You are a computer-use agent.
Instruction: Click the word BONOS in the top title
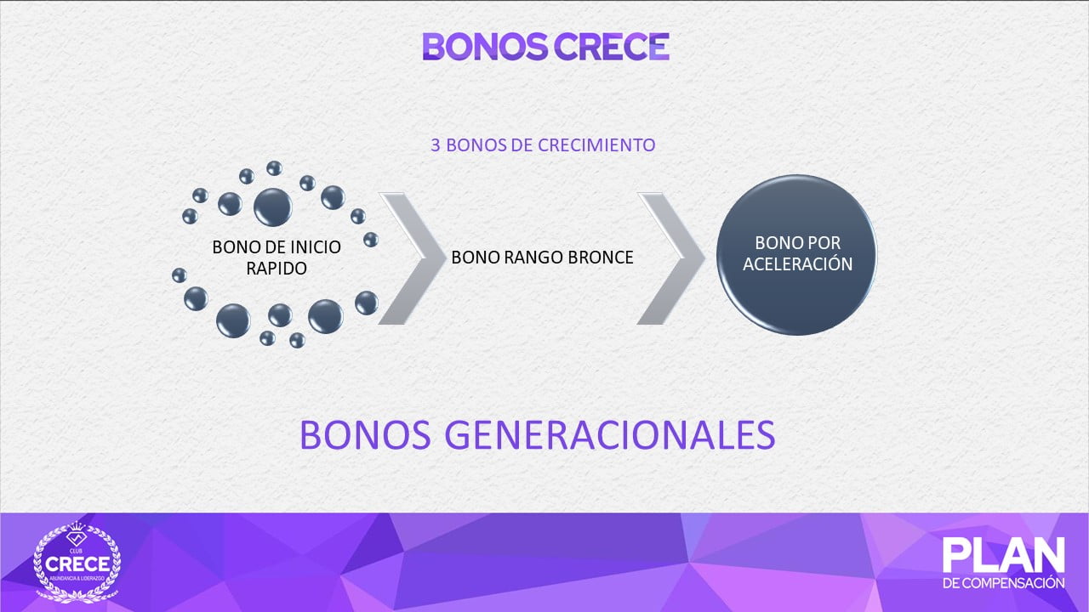(x=485, y=47)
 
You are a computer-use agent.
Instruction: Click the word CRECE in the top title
(x=612, y=47)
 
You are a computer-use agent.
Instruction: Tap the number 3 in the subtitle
(x=436, y=144)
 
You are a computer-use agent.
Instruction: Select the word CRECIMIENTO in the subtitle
(x=596, y=144)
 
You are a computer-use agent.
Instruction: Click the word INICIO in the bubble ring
(x=316, y=247)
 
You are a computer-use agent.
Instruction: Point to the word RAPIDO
(x=277, y=268)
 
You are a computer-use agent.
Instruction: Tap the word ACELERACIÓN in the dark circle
(x=797, y=264)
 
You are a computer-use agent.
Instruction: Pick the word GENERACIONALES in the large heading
(x=610, y=435)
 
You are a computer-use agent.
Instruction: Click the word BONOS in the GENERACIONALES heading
(x=365, y=435)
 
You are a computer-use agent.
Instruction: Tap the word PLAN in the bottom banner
(x=1003, y=555)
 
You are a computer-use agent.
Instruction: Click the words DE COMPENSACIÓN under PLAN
(x=1003, y=583)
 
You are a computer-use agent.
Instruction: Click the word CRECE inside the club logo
(x=77, y=564)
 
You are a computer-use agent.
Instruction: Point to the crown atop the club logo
(x=77, y=526)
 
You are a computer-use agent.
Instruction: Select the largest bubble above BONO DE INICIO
(x=273, y=207)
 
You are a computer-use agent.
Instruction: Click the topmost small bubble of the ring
(x=274, y=168)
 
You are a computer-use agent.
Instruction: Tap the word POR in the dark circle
(x=825, y=243)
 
